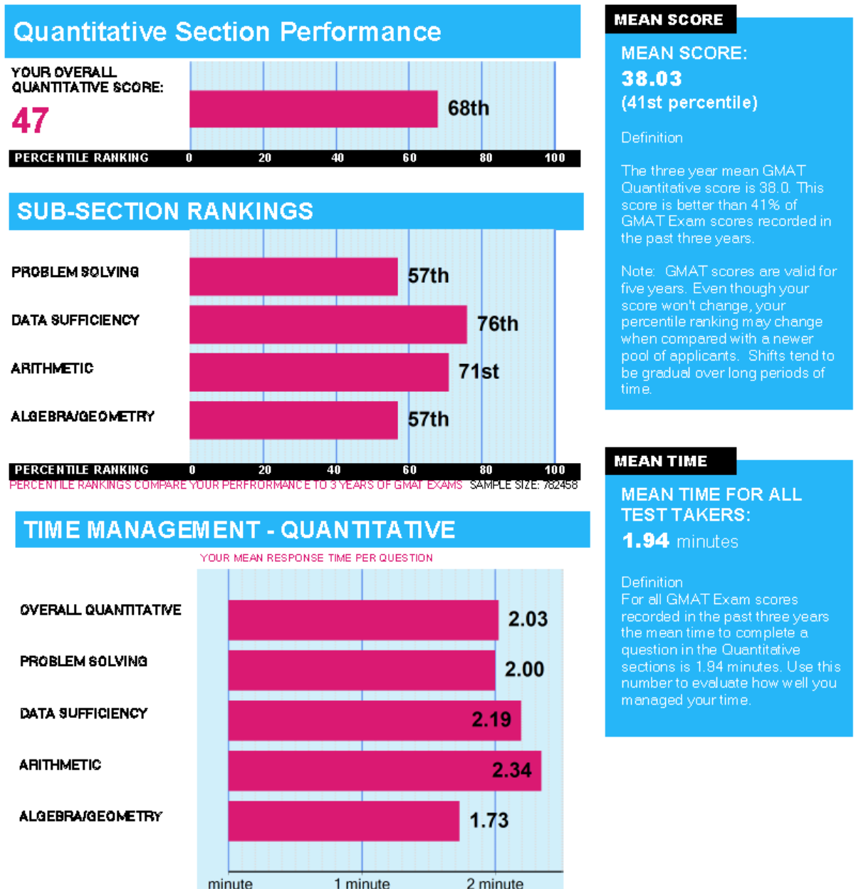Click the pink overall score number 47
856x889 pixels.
[x=30, y=120]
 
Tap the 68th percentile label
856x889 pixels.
[x=468, y=108]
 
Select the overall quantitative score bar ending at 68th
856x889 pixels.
[x=313, y=109]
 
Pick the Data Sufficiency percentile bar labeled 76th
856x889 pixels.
[x=328, y=325]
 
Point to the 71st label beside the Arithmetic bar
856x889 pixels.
[x=479, y=371]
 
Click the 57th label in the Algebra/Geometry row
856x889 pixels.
[x=428, y=420]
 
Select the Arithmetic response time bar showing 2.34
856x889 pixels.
[x=385, y=771]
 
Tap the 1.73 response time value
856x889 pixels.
[x=489, y=821]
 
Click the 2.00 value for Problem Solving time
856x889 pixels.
[x=524, y=670]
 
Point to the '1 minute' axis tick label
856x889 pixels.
[x=362, y=883]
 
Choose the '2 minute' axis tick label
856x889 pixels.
[x=495, y=883]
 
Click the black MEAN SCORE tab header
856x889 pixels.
[x=669, y=20]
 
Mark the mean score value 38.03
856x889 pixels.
[x=652, y=78]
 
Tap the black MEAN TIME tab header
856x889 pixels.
[x=661, y=462]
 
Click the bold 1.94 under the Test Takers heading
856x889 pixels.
[x=645, y=541]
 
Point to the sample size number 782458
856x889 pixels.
[x=560, y=485]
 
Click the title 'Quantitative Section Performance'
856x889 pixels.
[x=227, y=32]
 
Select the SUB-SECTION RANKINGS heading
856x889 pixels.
[x=165, y=212]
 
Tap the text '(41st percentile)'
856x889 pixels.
[x=689, y=103]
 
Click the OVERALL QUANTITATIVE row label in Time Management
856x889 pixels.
[x=100, y=610]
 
